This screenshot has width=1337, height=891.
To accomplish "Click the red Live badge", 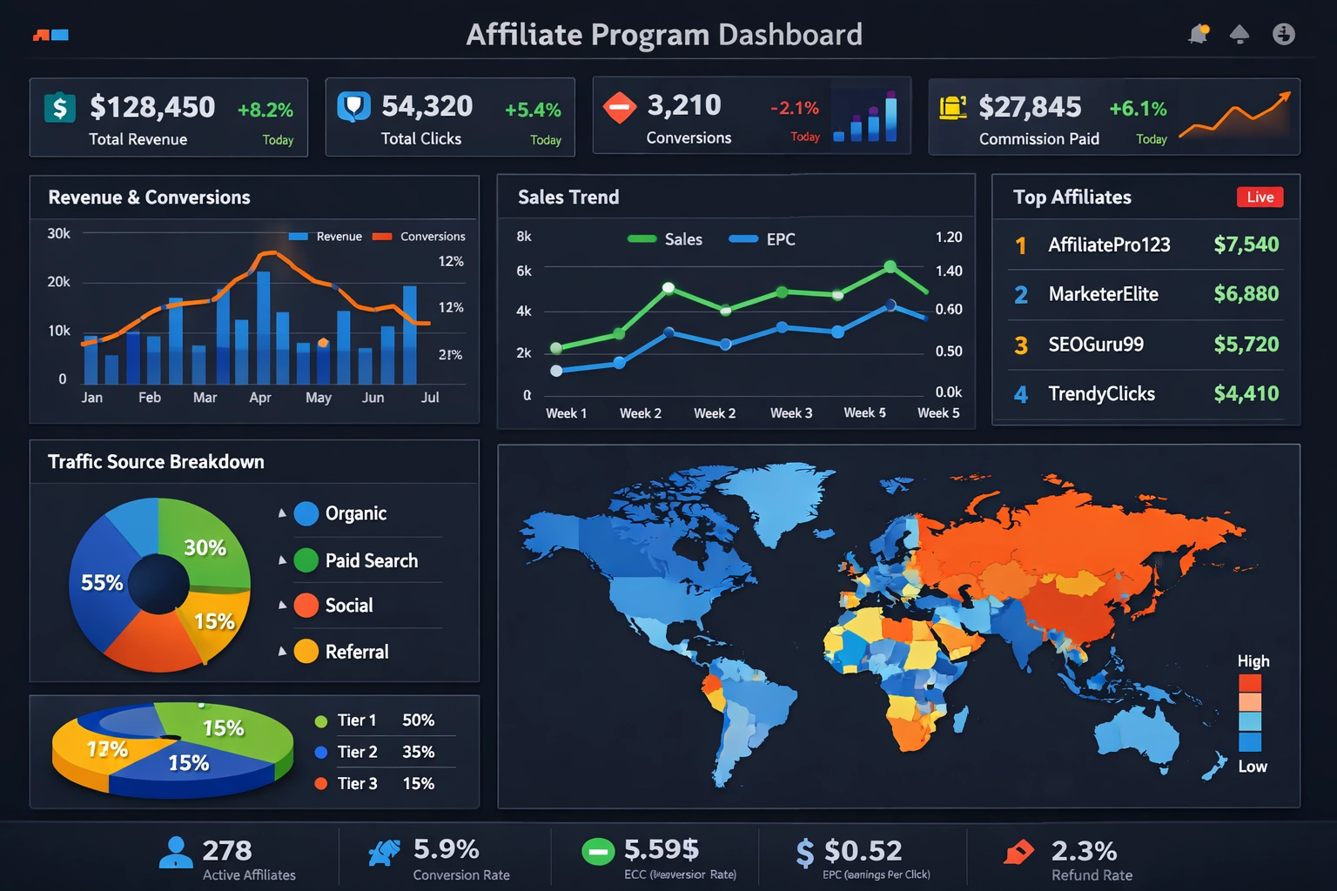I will pos(1260,198).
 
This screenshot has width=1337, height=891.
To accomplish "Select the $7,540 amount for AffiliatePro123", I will pos(1246,245).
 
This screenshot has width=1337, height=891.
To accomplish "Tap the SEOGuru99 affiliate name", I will pos(1095,345).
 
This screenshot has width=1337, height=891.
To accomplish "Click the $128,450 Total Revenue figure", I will pos(152,107).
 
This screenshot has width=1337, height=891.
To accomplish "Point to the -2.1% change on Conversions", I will pos(794,109).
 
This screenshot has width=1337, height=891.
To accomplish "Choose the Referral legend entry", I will pos(356,652).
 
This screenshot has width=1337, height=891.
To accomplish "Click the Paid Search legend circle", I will pos(306,560).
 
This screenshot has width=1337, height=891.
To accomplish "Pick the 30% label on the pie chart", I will pos(205,548).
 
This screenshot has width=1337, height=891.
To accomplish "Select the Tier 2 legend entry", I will pos(357,752).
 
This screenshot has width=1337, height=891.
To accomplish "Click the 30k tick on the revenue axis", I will pos(58,233).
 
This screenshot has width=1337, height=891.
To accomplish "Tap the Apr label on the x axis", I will pos(259,398).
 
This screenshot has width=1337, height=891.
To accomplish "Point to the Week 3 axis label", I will pos(790,413).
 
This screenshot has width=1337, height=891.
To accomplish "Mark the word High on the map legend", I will pos(1253,661).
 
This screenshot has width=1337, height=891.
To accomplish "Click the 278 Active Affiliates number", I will pos(226,850).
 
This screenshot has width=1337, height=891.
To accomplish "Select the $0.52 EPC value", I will pos(863,850).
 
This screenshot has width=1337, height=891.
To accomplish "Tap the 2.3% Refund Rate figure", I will pos(1084,850).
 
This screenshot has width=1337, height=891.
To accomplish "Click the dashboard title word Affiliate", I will pos(524,35).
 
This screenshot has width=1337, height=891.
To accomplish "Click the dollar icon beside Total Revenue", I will pos(59,108).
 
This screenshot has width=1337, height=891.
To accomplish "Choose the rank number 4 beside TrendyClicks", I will pos(1021,394).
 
